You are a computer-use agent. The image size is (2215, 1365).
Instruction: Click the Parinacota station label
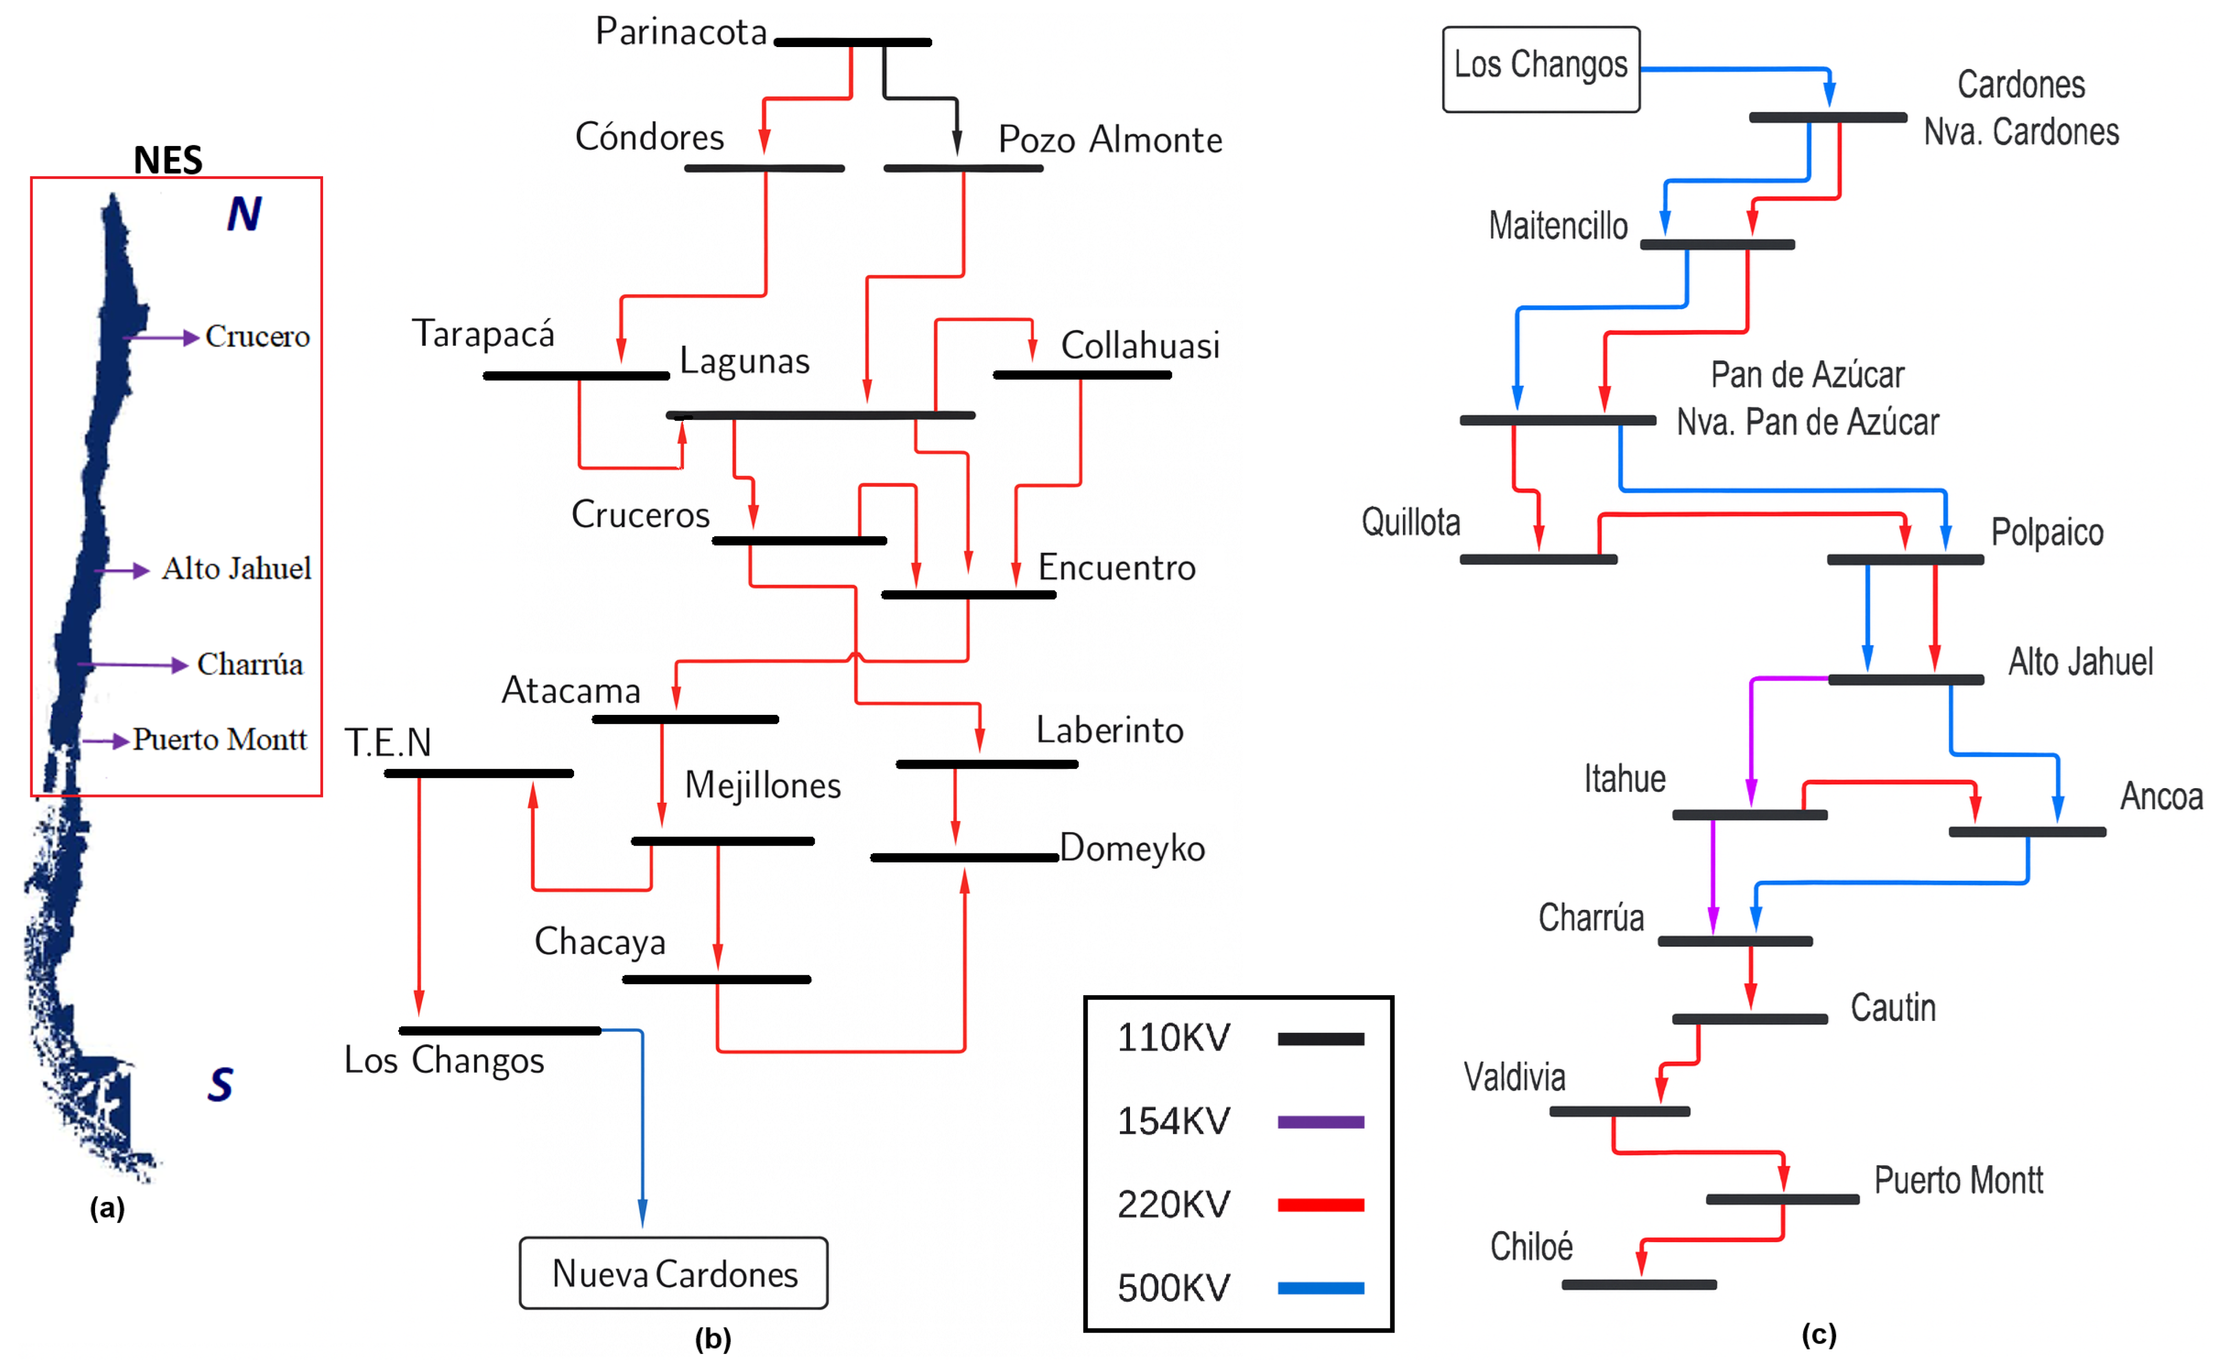(x=681, y=32)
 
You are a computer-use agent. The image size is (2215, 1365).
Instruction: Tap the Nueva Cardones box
(x=673, y=1273)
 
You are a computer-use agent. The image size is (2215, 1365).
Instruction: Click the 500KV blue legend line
(x=1320, y=1288)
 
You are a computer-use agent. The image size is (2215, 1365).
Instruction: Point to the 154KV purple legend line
(x=1320, y=1122)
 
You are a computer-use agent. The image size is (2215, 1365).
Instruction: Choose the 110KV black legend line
(x=1320, y=1039)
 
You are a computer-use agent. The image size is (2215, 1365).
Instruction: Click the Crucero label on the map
(x=257, y=337)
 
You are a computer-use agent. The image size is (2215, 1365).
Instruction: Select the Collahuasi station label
(x=1140, y=346)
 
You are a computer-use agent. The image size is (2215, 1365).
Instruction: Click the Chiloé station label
(x=1532, y=1247)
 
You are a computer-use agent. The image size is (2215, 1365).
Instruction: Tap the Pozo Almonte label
(x=1110, y=141)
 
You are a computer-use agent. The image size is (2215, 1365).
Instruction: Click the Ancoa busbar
(x=2027, y=832)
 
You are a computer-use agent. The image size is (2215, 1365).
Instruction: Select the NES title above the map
(x=168, y=161)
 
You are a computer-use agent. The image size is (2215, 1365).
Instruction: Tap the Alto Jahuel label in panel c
(x=2081, y=662)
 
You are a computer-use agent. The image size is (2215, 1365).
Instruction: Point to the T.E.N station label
(x=388, y=743)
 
